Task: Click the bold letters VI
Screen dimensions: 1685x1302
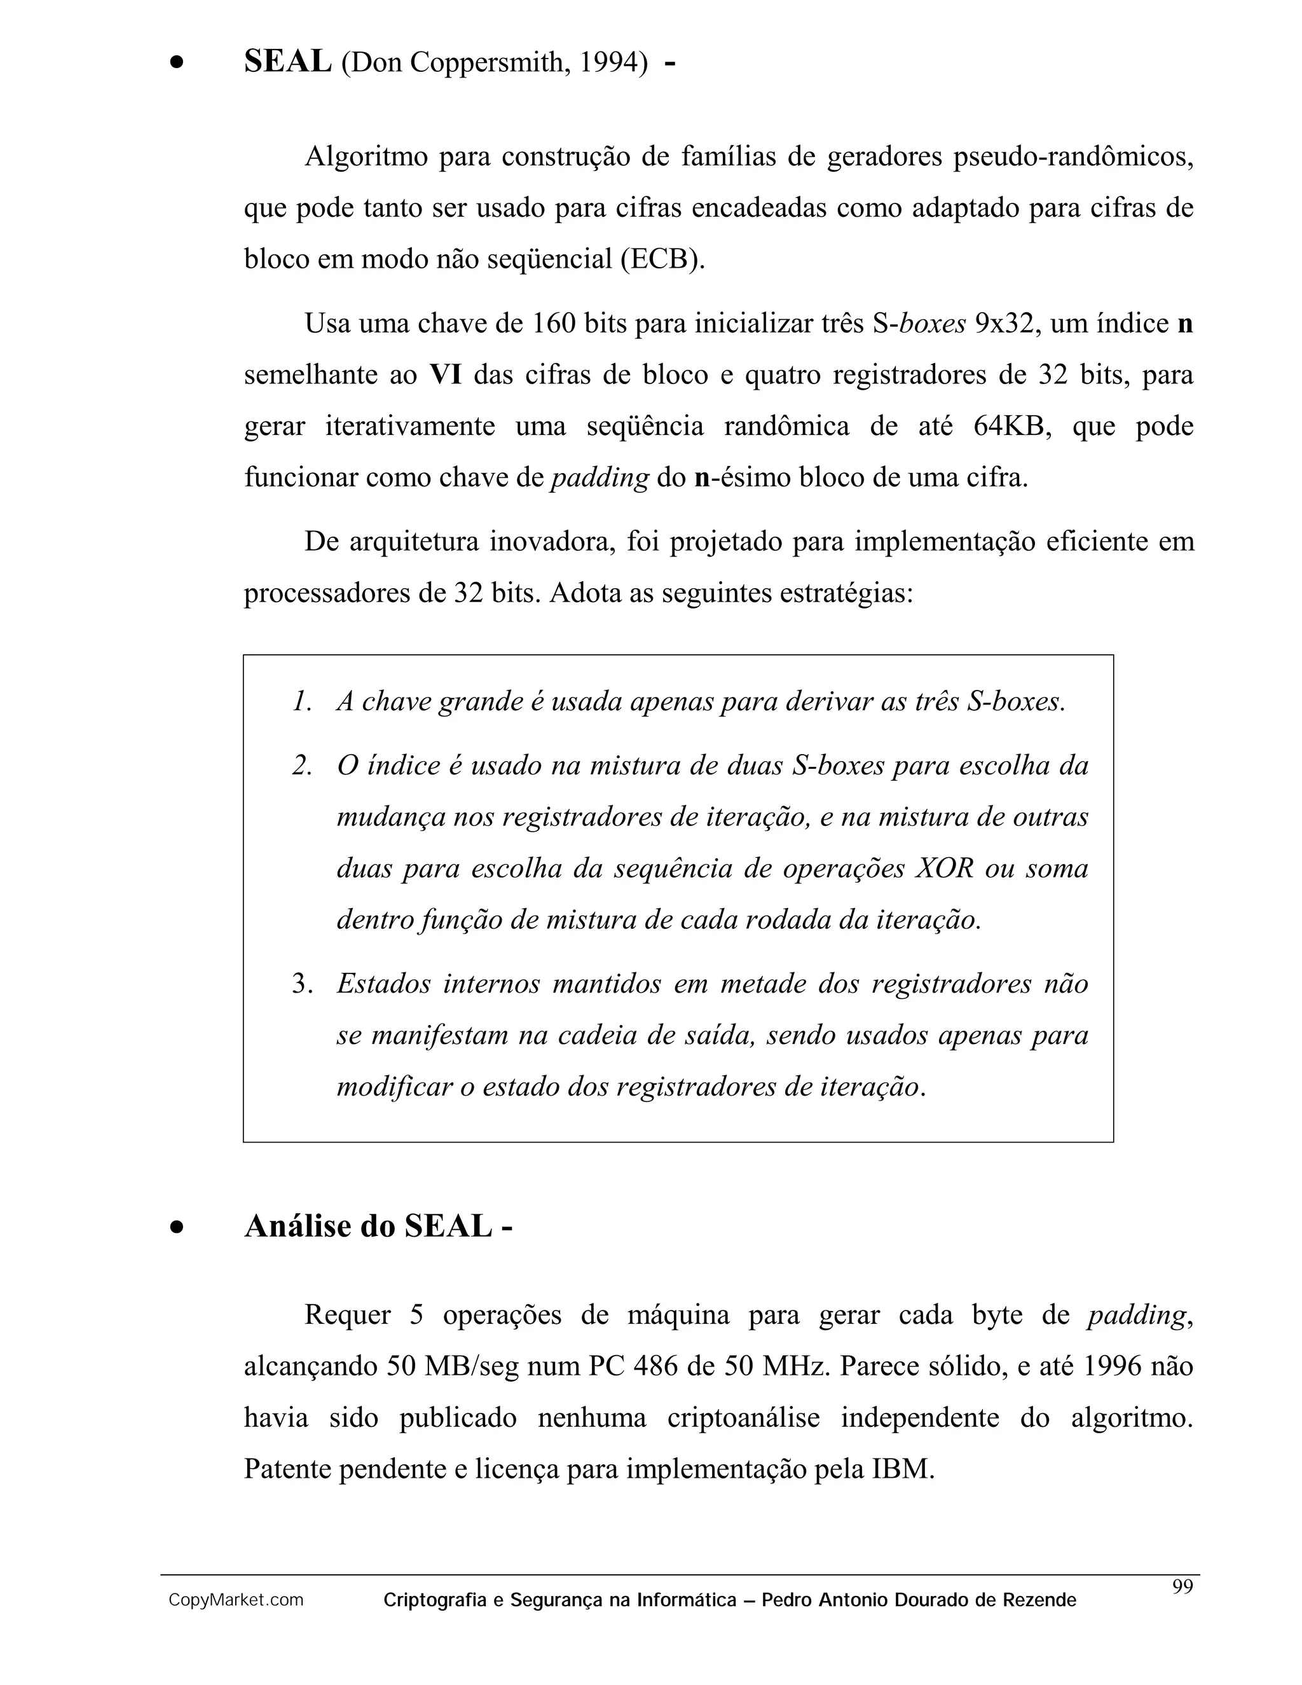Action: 445,375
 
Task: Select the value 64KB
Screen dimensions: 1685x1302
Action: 1013,426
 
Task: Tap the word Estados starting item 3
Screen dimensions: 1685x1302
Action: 383,984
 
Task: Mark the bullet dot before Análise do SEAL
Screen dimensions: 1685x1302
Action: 178,1227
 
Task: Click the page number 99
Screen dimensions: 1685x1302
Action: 1182,1586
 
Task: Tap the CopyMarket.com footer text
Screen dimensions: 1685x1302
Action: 236,1600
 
